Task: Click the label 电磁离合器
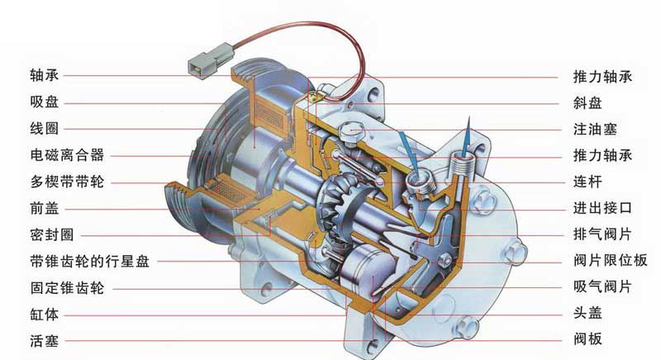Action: (67, 155)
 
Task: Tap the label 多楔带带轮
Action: (67, 182)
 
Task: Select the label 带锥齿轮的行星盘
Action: (90, 261)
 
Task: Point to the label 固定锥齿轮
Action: (67, 288)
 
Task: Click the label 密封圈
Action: (52, 234)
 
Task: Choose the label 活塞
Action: (45, 341)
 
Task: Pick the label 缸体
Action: (45, 314)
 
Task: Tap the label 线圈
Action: (45, 129)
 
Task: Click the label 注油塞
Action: (595, 129)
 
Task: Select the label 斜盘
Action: (587, 102)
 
